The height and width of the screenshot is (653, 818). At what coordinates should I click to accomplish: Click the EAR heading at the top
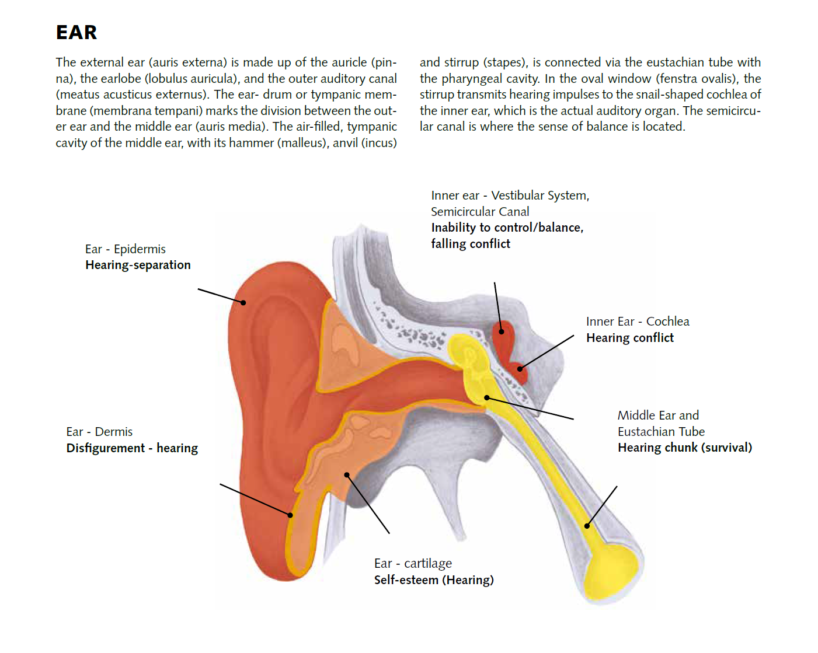point(76,33)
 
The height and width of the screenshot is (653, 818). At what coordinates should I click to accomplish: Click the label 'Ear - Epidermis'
point(125,249)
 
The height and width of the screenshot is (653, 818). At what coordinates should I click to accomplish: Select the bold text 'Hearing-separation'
point(138,265)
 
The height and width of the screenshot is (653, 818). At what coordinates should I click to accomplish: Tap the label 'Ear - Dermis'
point(99,432)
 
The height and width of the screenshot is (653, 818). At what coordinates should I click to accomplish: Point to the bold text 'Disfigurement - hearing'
point(132,448)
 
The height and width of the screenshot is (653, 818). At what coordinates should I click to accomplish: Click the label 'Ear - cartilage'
point(413,564)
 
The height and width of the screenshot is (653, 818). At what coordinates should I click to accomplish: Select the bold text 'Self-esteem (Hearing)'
point(434,580)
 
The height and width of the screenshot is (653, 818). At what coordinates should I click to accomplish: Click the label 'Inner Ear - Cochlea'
point(638,322)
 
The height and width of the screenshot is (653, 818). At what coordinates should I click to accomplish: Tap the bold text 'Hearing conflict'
point(630,338)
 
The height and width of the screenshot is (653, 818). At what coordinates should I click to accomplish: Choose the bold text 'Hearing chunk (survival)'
point(685,448)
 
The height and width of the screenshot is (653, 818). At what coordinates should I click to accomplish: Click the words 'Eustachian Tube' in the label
point(661,432)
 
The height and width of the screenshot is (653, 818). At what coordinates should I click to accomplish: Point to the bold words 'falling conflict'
point(471,244)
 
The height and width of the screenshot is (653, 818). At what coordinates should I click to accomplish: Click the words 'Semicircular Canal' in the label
point(480,212)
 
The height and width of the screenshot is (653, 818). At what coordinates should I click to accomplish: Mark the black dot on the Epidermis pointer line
point(243,302)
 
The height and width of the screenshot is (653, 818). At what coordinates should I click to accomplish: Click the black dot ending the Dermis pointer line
point(290,515)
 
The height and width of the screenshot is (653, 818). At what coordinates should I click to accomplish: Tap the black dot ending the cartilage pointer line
point(347,475)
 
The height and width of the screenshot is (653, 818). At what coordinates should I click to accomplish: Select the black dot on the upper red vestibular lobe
point(501,331)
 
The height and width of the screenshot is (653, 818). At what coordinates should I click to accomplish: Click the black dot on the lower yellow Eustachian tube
point(587,526)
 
